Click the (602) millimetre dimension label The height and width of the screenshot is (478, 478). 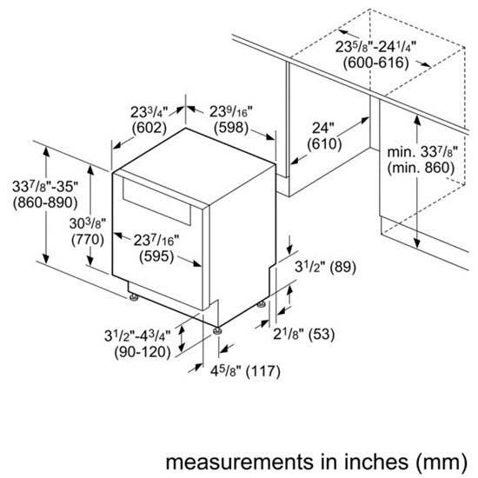tap(149, 128)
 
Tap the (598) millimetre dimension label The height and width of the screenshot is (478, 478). tap(231, 127)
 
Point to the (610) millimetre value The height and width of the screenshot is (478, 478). tap(324, 144)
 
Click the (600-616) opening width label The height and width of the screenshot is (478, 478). tap(375, 63)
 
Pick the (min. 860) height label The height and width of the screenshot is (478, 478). tap(421, 168)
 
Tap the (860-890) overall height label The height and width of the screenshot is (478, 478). tap(45, 202)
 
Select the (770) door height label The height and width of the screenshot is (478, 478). tap(88, 239)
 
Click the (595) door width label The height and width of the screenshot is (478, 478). tap(156, 256)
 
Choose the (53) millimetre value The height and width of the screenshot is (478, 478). tap(322, 334)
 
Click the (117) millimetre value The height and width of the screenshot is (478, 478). tap(263, 371)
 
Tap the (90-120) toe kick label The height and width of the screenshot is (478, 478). tap(143, 352)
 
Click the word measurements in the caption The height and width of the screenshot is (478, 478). tap(239, 461)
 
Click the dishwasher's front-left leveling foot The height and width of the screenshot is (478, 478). tap(133, 297)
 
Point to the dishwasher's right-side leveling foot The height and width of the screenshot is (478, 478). tap(261, 304)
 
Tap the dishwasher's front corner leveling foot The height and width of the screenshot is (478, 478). tap(216, 331)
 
